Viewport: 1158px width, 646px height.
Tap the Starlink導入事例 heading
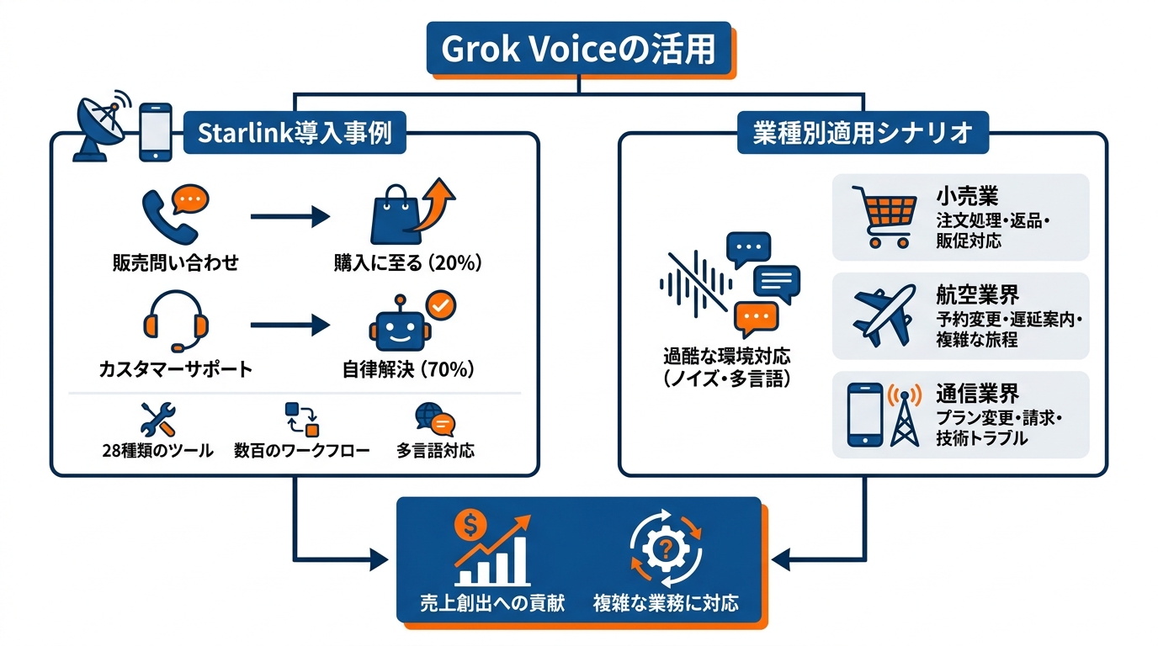tap(295, 133)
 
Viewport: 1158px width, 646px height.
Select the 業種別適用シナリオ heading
tap(863, 133)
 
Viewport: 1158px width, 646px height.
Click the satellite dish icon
tap(102, 127)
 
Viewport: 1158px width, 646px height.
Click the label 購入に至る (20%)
tap(408, 263)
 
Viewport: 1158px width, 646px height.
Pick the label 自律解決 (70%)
tap(408, 369)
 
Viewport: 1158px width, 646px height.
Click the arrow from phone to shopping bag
tap(290, 216)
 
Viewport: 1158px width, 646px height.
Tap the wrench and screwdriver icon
tap(158, 420)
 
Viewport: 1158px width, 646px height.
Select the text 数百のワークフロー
tap(302, 451)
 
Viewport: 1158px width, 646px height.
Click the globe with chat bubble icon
tap(435, 419)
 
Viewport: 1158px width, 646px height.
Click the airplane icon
tap(884, 315)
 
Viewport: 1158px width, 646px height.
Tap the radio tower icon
tap(905, 415)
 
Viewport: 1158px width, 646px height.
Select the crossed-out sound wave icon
tap(696, 283)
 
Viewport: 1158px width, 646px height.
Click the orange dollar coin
tap(470, 525)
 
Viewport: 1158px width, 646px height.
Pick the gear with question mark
tap(666, 548)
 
